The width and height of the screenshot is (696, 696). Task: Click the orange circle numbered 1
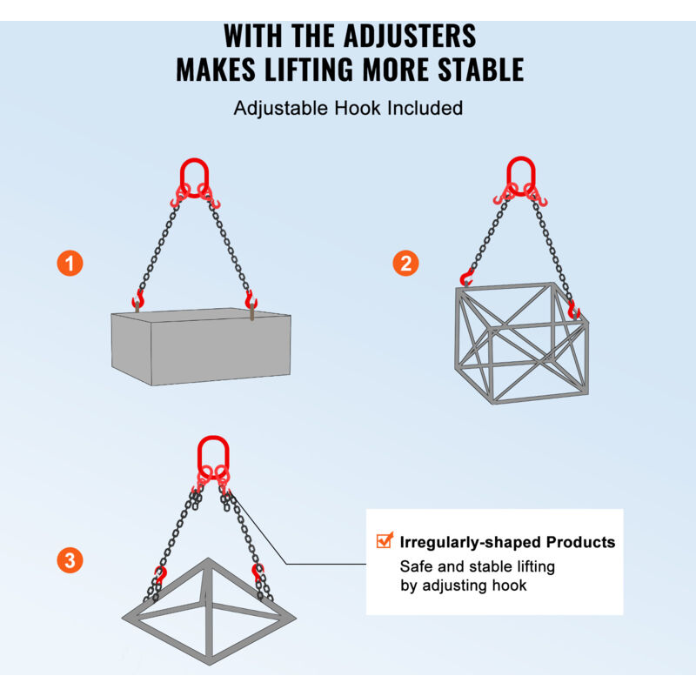tap(70, 264)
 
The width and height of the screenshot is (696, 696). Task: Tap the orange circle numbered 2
tap(405, 264)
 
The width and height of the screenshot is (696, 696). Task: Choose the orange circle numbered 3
tap(70, 560)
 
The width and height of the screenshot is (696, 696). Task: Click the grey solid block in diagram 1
tap(201, 346)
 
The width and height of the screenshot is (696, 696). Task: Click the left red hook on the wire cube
tap(465, 278)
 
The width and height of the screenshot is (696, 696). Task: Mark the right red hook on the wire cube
tap(573, 309)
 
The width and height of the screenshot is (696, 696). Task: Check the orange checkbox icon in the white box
tap(385, 540)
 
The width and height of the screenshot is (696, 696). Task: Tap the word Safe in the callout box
tap(416, 566)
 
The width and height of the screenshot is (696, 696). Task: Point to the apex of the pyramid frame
tap(208, 559)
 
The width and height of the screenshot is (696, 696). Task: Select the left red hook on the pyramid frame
tap(160, 574)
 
